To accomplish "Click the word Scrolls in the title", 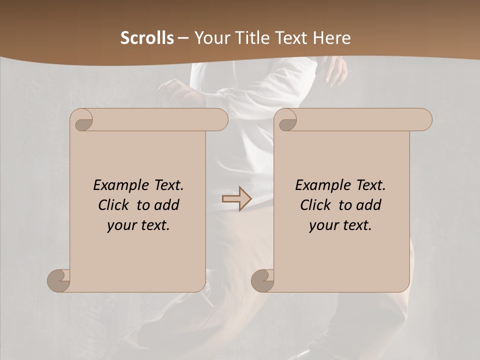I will pos(147,38).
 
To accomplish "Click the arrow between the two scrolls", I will pos(236,199).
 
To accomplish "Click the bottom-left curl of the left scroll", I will pos(59,280).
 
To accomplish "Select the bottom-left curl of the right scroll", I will pos(263,280).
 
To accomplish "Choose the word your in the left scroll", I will pos(122,225).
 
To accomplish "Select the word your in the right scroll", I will pos(324,225).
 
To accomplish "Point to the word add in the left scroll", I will pos(167,205).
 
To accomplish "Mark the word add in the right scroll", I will pos(369,205).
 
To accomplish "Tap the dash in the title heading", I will pos(183,38).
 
